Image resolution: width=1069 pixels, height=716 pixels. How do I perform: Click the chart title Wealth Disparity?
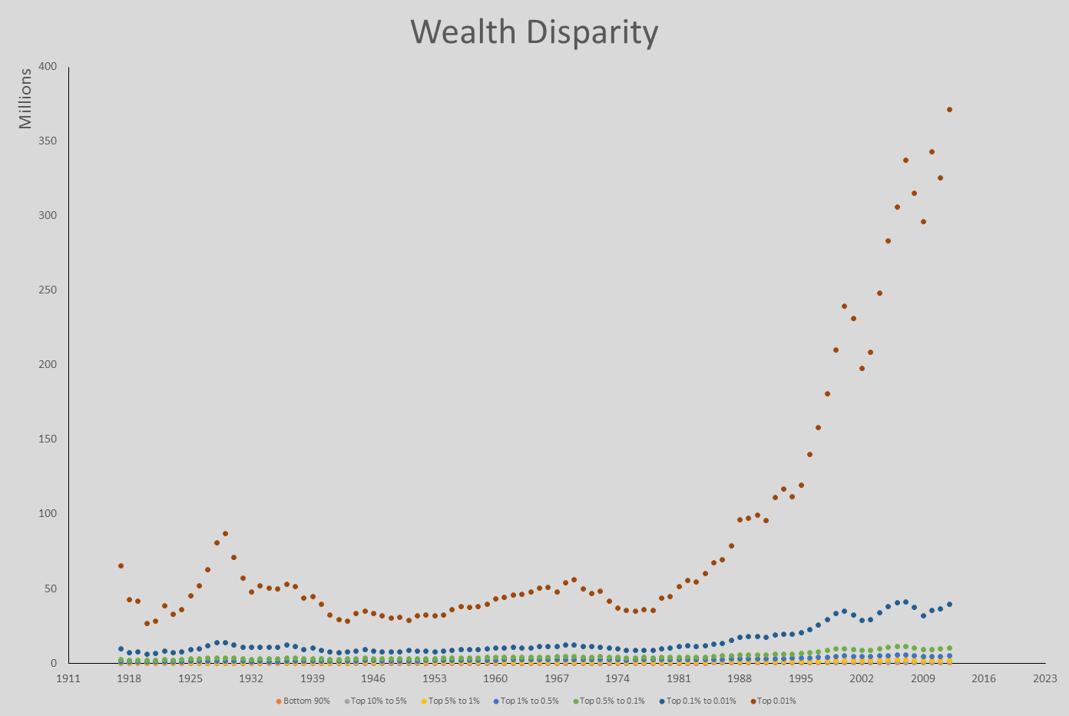coord(534,32)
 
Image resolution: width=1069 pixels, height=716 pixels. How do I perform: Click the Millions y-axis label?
coord(25,98)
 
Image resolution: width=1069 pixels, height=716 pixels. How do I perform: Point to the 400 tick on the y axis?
coord(48,67)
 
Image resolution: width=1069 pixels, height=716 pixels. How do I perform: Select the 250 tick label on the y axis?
coord(48,290)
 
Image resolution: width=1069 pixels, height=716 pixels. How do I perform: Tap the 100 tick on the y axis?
coord(48,514)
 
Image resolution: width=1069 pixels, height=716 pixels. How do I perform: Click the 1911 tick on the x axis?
coord(68,678)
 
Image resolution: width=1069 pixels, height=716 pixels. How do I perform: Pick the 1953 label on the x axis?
coord(435,678)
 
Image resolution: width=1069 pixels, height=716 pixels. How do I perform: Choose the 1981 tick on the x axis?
coord(679,678)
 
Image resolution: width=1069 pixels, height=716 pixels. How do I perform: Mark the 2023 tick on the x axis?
coord(1044,678)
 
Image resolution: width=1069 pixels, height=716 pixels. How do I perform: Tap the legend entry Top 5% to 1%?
coord(450,701)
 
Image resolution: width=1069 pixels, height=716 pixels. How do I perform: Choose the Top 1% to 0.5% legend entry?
coord(526,701)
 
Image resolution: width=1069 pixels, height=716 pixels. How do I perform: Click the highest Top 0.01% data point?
coord(949,109)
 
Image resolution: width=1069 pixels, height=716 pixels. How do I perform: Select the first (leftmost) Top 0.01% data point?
coord(121,565)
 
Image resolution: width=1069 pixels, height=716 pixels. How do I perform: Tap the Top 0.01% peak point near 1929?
coord(225,533)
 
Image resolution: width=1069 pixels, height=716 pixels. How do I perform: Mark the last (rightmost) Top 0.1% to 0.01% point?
coord(949,604)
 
